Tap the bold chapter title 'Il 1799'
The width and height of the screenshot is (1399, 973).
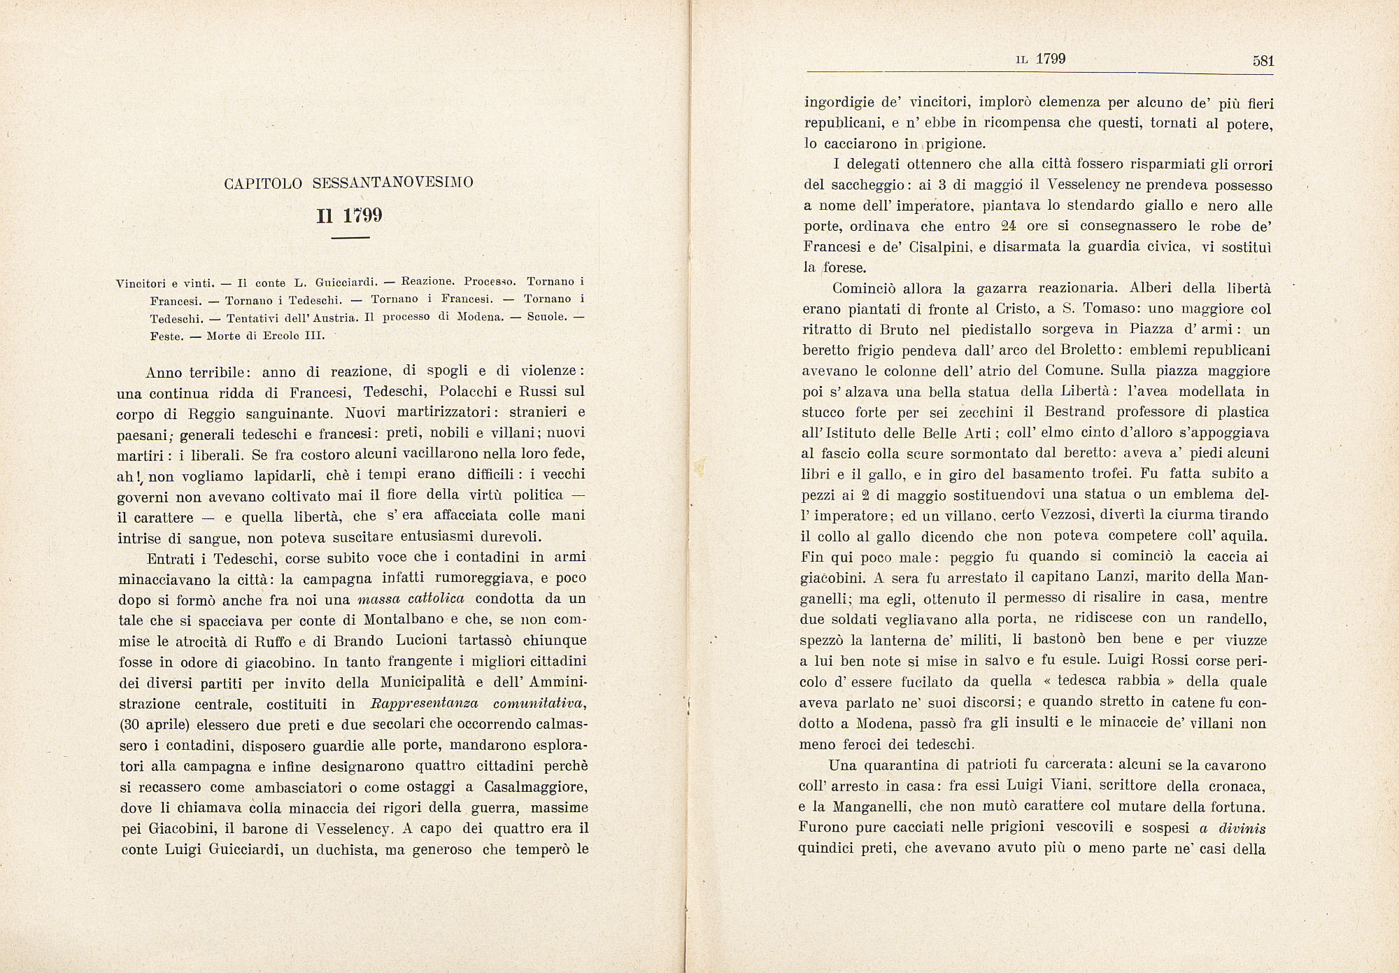point(350,216)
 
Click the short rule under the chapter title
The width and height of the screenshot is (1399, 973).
point(350,239)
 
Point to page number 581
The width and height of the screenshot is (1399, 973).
point(1263,61)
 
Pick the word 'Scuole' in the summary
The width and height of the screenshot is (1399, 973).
point(546,317)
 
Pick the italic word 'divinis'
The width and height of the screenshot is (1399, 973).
point(1242,829)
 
